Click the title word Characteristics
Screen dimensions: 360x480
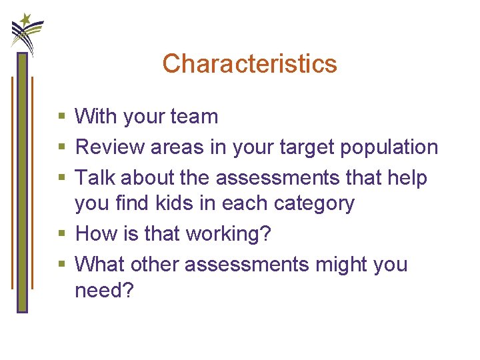(x=249, y=64)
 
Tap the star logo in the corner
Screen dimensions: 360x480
(x=26, y=31)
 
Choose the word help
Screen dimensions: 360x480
(x=406, y=178)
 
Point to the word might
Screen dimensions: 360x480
(x=342, y=265)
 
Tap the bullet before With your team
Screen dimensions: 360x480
(x=61, y=117)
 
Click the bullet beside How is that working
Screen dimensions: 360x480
(x=61, y=235)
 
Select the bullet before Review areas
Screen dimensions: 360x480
(x=61, y=148)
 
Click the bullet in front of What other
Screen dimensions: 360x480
(x=61, y=265)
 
